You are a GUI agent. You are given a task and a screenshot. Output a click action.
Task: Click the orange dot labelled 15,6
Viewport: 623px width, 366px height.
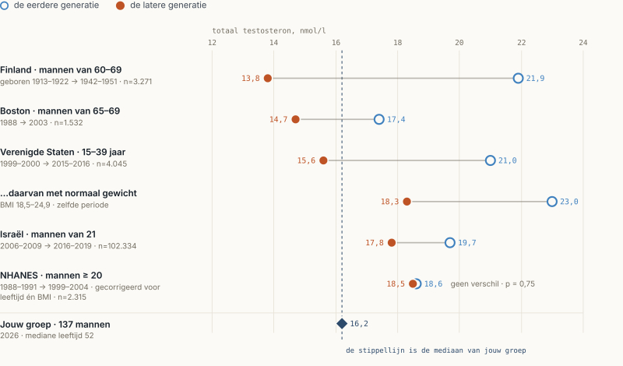click(323, 160)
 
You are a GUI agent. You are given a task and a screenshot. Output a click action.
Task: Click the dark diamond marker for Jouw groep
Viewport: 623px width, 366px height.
click(342, 323)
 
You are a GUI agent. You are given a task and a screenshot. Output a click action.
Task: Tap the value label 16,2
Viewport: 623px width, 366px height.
click(359, 324)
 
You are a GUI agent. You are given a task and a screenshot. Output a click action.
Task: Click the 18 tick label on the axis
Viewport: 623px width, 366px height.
click(397, 43)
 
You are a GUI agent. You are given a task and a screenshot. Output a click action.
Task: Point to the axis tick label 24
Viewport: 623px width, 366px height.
click(583, 43)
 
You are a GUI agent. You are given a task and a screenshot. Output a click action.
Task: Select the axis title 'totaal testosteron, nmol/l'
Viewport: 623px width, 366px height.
click(269, 30)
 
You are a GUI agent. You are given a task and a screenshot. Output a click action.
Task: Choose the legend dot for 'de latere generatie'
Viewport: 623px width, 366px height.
click(120, 5)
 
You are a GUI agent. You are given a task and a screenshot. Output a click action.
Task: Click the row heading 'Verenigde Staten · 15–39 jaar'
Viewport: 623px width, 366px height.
click(63, 152)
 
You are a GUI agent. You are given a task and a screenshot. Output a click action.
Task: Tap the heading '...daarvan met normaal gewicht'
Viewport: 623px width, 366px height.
click(69, 193)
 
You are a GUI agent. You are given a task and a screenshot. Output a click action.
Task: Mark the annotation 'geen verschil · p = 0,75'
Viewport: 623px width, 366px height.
click(493, 283)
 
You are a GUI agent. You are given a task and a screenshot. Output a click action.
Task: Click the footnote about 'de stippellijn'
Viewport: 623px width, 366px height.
click(436, 350)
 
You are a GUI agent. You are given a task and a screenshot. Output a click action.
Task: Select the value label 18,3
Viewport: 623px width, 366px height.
click(390, 202)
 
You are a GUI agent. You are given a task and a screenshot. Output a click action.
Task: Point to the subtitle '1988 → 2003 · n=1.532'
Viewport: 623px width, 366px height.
click(41, 123)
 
